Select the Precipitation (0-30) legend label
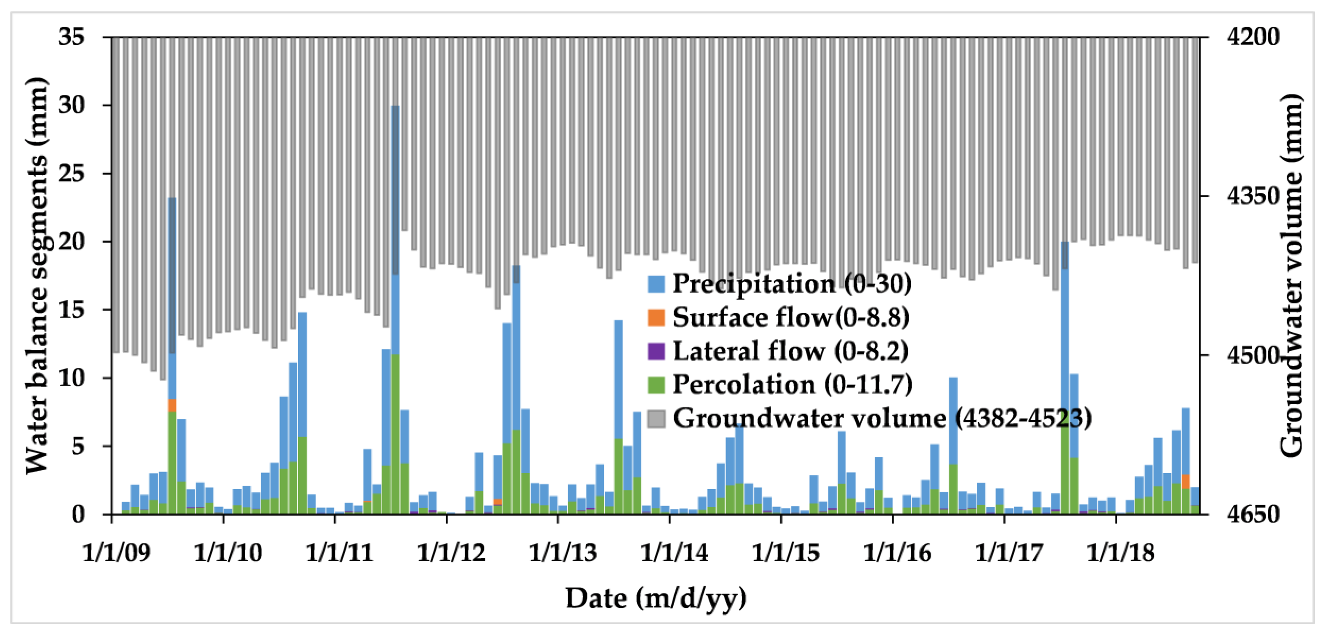click(791, 283)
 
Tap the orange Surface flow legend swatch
click(656, 317)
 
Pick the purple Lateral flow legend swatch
click(656, 351)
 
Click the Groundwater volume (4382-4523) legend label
click(882, 418)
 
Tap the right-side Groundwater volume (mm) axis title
click(1292, 276)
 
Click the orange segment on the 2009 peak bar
click(172, 405)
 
